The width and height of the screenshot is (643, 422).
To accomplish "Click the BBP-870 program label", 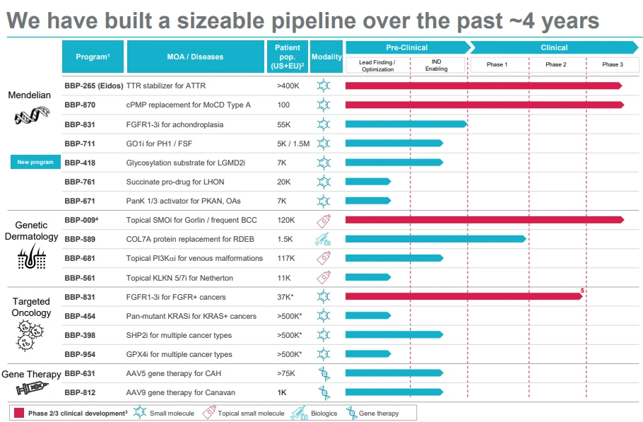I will point(80,105).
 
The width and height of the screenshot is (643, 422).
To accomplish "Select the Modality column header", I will point(326,57).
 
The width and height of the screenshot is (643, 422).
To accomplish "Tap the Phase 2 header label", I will point(555,65).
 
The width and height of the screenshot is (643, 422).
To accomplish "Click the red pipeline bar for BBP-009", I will point(484,220).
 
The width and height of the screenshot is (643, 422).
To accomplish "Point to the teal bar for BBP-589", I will point(435,239).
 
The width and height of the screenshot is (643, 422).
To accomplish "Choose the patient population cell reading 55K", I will point(284,124).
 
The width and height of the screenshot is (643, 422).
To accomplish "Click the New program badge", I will point(35,163).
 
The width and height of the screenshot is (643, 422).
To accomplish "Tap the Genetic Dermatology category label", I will point(31,231).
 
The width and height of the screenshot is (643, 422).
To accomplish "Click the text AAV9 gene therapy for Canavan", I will point(180,392).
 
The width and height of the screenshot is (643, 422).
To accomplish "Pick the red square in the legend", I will point(18,413).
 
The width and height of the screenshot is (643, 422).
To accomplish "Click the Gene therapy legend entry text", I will point(379,413).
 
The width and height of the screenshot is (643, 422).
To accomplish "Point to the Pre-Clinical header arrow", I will point(406,47).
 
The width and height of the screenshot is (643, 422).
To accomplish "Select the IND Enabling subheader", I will point(436,65).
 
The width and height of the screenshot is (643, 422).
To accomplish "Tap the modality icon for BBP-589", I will point(324,239).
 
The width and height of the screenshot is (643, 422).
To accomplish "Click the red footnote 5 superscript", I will point(582,289).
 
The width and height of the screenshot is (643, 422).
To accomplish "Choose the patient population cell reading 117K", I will point(286,258).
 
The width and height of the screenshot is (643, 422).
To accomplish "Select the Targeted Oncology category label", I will point(31,307).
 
